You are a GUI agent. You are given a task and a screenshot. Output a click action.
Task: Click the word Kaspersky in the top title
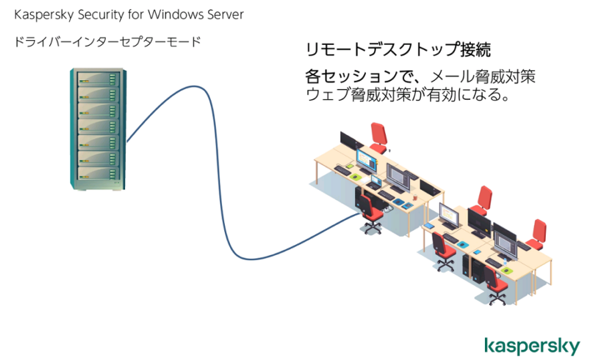[x=43, y=15]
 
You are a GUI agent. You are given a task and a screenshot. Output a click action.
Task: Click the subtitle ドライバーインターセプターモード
[x=108, y=41]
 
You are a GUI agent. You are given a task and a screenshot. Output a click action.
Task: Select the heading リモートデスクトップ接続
[x=398, y=50]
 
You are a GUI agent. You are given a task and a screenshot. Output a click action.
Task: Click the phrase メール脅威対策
[x=483, y=77]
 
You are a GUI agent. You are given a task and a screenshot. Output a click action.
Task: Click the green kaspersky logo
[x=532, y=345]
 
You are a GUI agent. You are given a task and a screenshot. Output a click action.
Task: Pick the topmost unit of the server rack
[x=98, y=79]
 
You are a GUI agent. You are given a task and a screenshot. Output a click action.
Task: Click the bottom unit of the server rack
[x=98, y=173]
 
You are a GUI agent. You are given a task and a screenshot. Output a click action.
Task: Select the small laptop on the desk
[x=375, y=182]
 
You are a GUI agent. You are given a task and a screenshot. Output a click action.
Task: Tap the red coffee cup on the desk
[x=415, y=197]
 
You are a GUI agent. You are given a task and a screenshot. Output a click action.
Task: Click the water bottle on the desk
[x=504, y=261]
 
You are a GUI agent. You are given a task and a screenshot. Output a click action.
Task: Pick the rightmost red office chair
[x=537, y=235]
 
